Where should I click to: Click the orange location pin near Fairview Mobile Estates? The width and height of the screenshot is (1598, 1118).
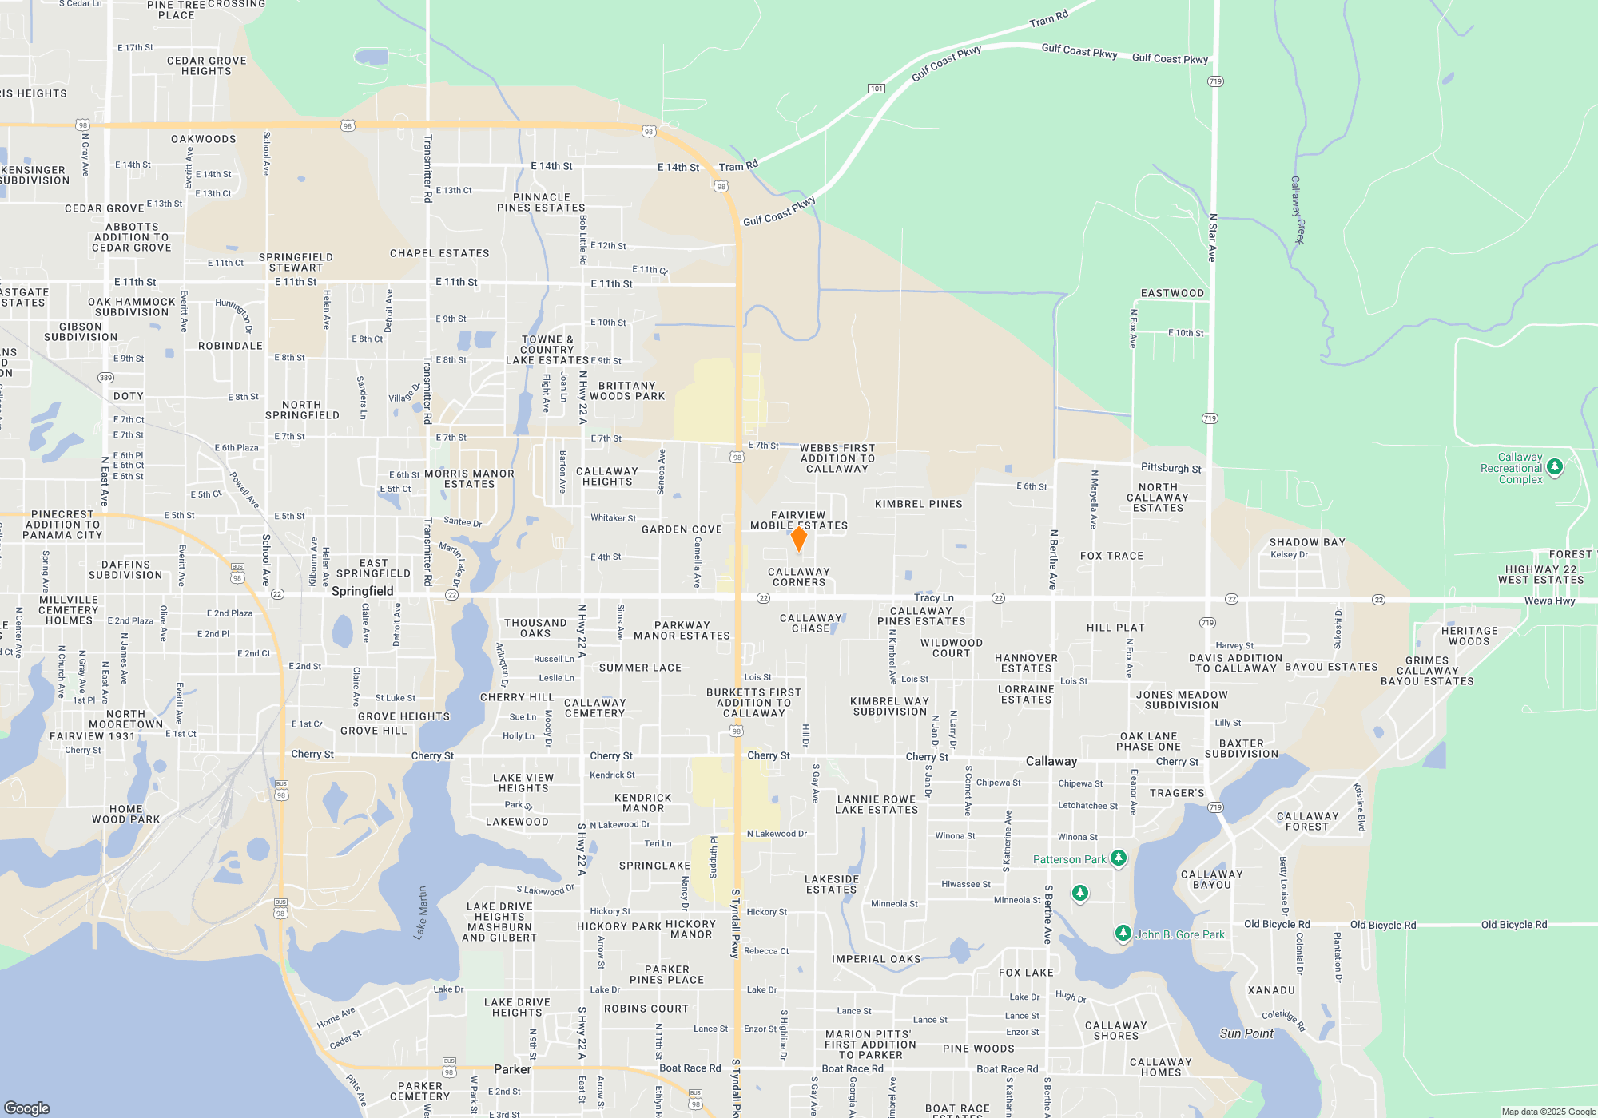[798, 539]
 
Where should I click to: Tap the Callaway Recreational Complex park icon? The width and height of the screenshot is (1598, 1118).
[1554, 466]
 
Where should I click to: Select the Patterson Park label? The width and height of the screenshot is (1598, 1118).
[1069, 859]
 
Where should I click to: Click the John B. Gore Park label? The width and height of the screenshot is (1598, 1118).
[1179, 934]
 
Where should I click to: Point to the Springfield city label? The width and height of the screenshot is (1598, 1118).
[362, 591]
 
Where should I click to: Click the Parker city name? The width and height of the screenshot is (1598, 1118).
[512, 1069]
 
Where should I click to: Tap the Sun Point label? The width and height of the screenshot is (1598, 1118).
[1246, 1033]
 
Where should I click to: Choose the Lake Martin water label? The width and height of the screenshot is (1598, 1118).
[420, 912]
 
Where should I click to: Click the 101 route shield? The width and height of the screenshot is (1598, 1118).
[877, 89]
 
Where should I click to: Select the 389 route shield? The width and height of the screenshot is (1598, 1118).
[105, 378]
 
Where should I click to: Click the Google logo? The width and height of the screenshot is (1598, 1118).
[27, 1108]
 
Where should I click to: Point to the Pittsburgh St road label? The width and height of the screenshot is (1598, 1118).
[1171, 468]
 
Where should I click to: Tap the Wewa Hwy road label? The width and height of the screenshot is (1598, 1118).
[1549, 601]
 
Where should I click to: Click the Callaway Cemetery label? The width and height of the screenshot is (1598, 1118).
[594, 708]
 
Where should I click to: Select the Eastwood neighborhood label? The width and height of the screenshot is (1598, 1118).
[1172, 293]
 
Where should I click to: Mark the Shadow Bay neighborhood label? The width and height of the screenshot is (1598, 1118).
[1307, 542]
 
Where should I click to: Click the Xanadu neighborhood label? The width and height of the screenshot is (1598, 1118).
[1271, 990]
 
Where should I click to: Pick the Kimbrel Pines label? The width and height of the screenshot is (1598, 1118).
[918, 504]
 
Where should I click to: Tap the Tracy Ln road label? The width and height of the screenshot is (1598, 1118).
[933, 597]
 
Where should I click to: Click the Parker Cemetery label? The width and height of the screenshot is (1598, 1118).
[420, 1091]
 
